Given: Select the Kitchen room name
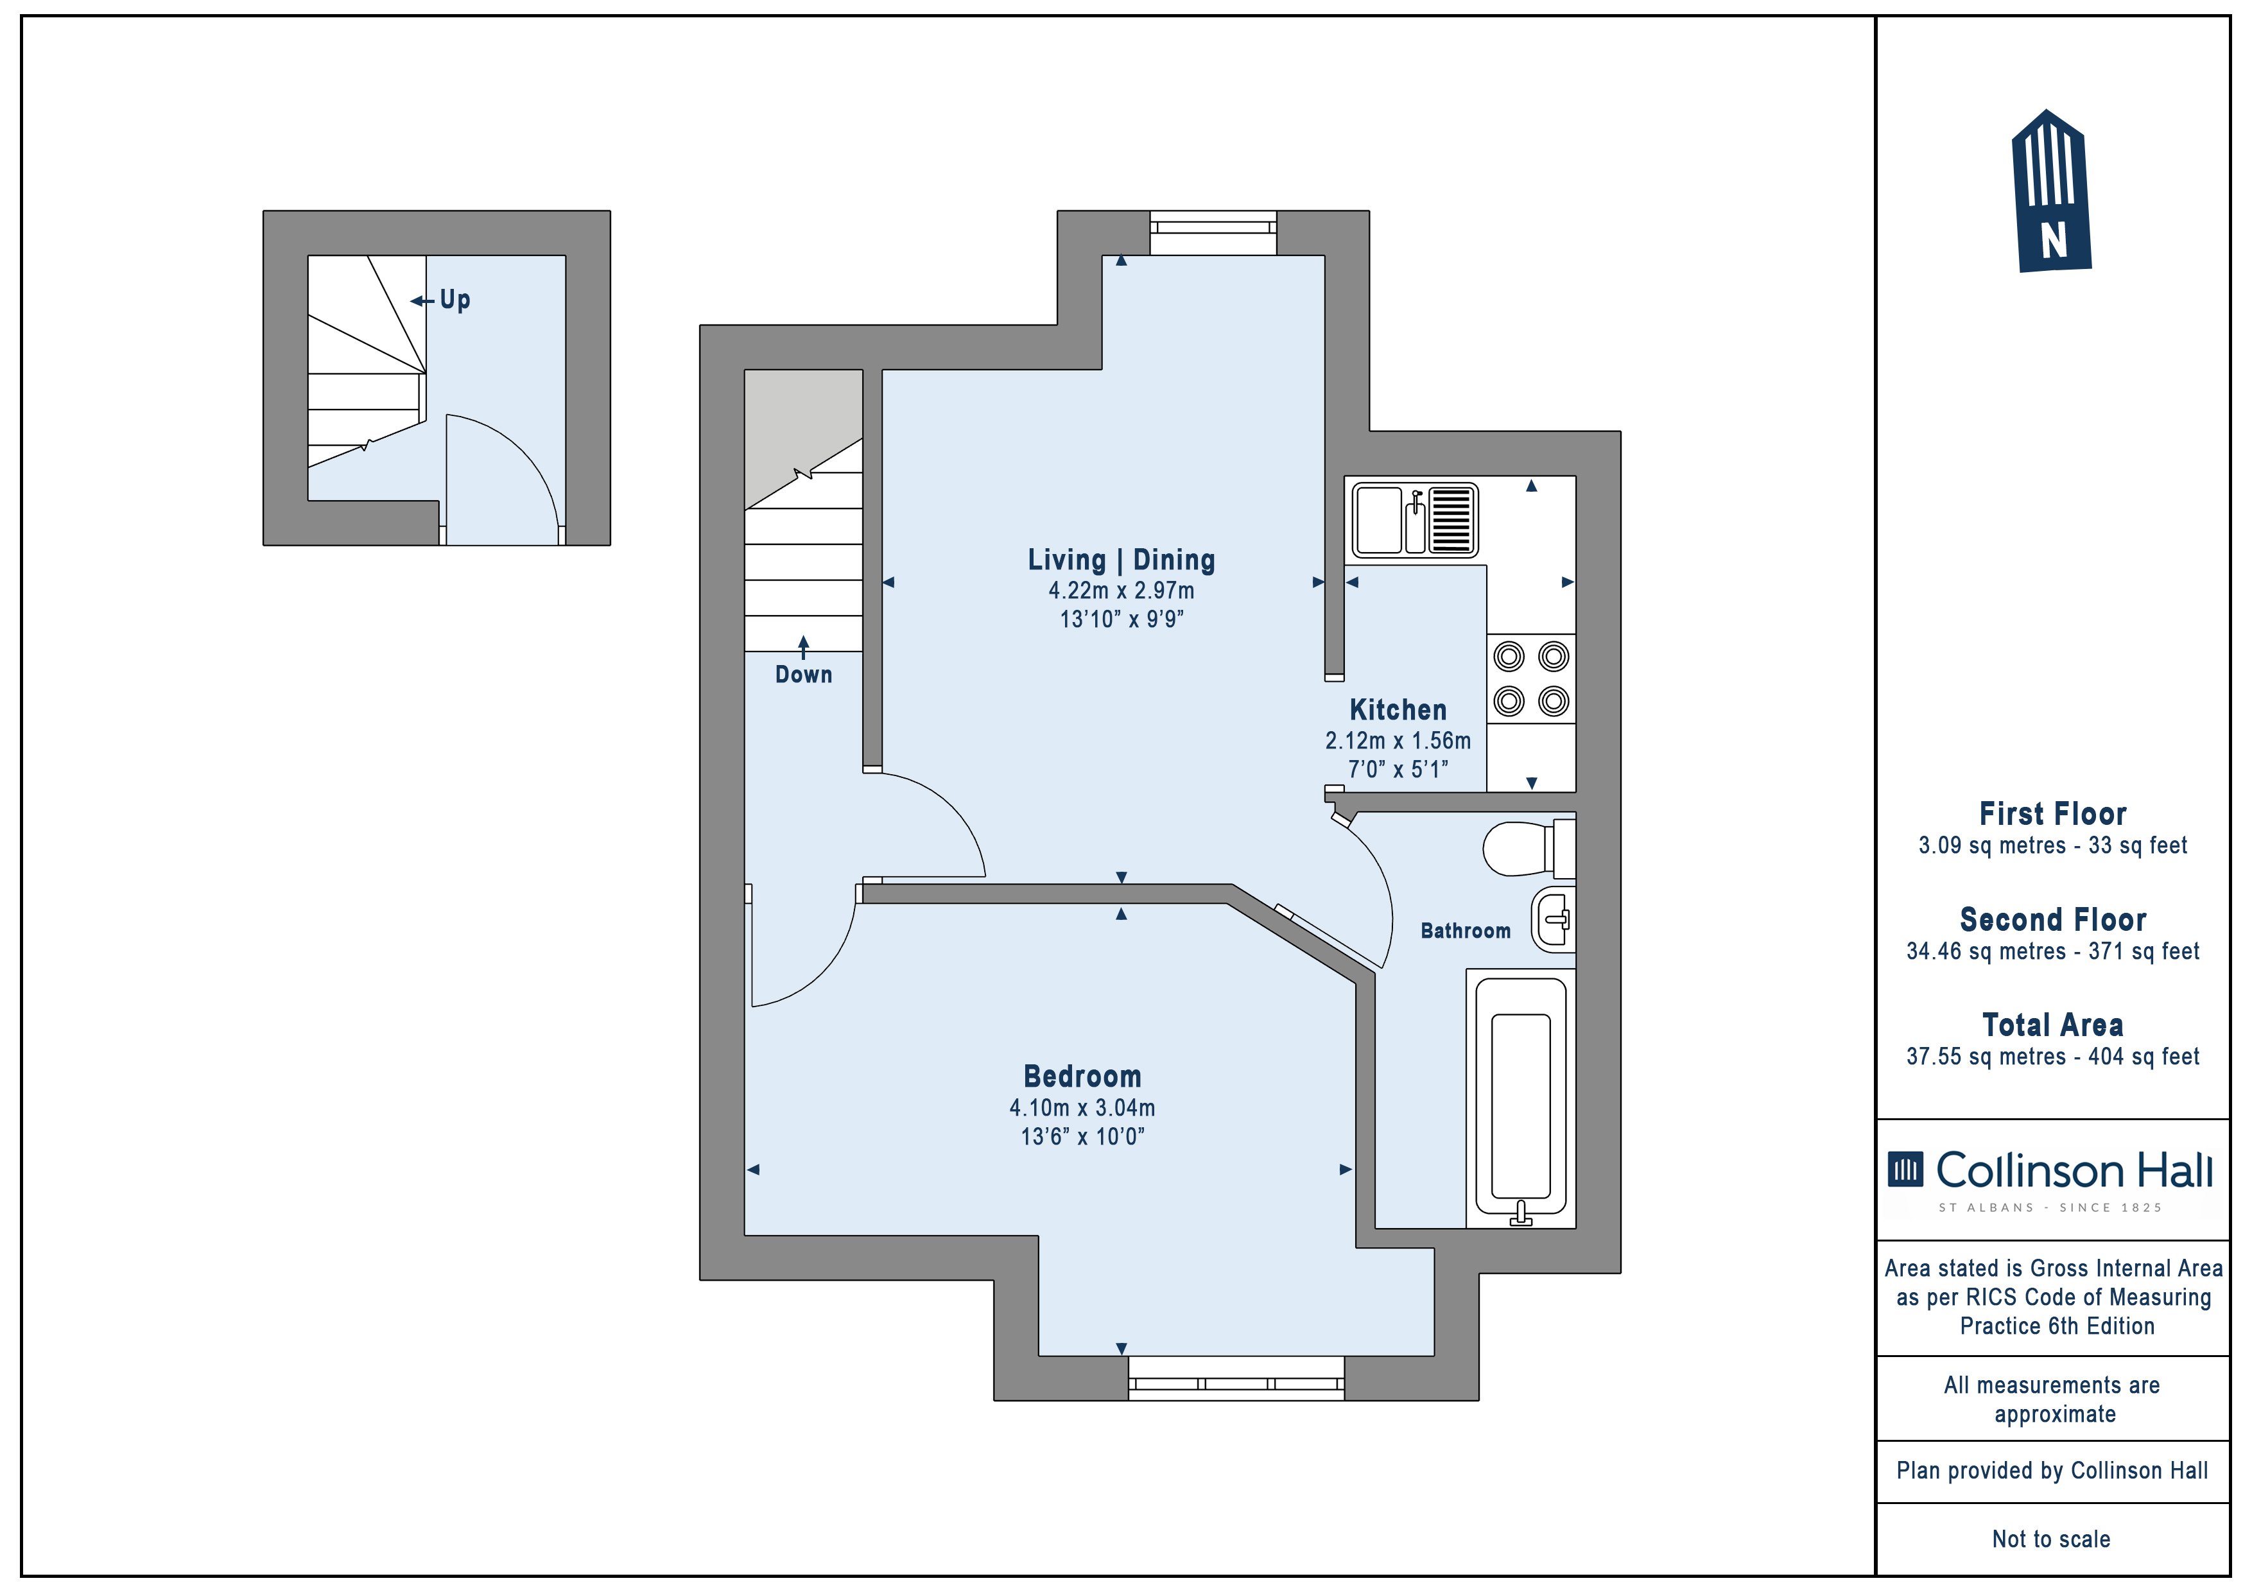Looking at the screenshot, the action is [1398, 709].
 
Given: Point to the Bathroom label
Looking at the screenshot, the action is [1466, 930].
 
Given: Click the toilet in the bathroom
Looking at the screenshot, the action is [1528, 847].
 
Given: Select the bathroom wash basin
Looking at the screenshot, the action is [1554, 919].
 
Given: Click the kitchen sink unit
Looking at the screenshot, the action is [1416, 520].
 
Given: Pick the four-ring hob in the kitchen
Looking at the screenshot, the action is [1531, 679].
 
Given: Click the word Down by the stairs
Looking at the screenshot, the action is [803, 674].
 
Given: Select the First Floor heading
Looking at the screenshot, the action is [2053, 813].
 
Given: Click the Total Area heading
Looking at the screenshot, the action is [2053, 1025].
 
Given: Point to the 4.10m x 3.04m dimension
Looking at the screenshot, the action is [1082, 1107].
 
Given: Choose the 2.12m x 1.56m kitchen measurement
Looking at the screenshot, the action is [1398, 741].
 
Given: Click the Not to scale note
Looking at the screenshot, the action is [2051, 1539].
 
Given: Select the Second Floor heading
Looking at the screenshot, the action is [2053, 919].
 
